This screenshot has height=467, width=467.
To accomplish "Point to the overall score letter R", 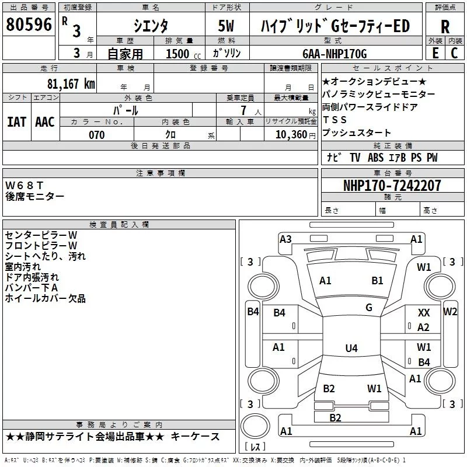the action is (x=445, y=27).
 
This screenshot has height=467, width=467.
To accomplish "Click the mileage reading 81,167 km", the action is (x=71, y=83).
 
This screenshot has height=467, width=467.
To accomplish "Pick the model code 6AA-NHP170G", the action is (x=334, y=54).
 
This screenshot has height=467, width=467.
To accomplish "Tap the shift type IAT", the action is (x=16, y=121).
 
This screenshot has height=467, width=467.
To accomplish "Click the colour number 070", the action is (x=96, y=135).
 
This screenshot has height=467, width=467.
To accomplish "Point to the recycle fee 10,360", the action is (x=288, y=135).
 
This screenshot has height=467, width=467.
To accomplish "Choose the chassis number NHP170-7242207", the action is (x=392, y=186).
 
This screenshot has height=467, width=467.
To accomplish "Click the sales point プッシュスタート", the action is (x=348, y=133).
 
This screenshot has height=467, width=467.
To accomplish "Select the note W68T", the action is (x=25, y=185).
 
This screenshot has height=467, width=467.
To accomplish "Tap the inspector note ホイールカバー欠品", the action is (x=45, y=298).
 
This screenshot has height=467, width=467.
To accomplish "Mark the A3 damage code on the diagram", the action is (x=285, y=239).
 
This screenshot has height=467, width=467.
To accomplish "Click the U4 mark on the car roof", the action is (x=351, y=348).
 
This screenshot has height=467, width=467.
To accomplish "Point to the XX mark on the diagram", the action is (x=424, y=313).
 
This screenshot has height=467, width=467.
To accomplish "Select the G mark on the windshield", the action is (x=369, y=308).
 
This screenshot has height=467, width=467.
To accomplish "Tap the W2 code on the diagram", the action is (x=450, y=311).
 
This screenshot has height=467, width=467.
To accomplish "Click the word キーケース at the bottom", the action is (x=197, y=437).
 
